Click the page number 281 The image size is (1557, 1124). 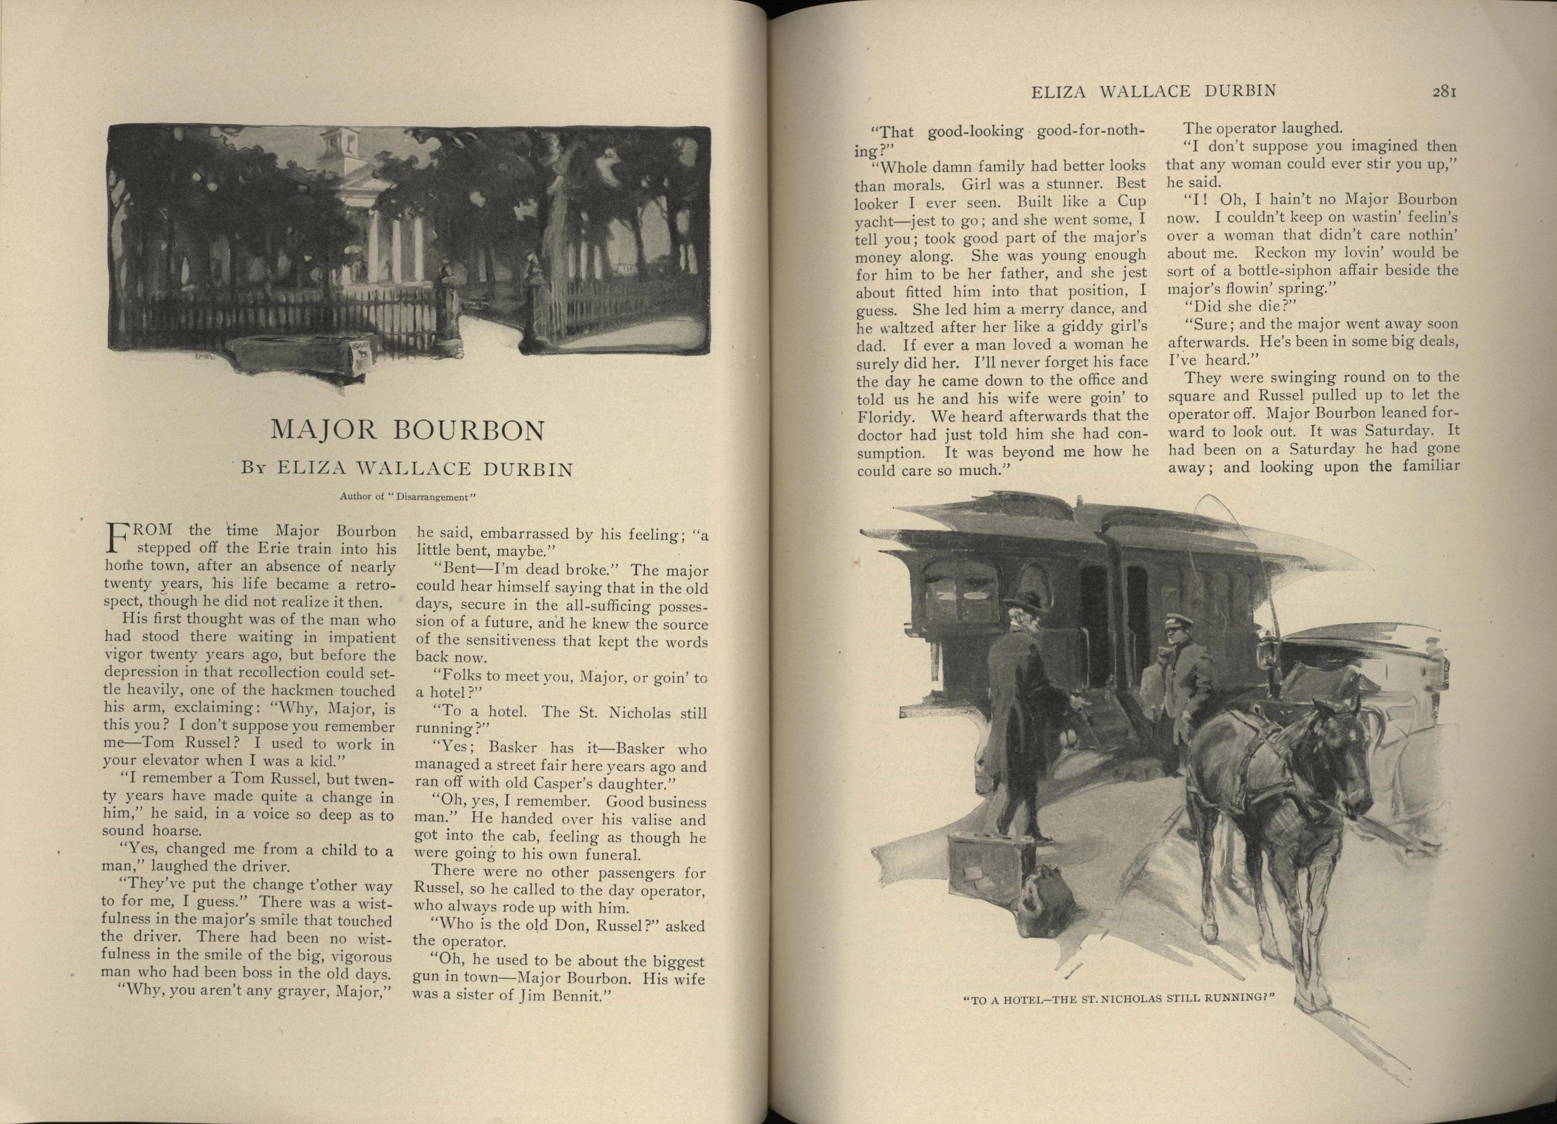coord(1444,91)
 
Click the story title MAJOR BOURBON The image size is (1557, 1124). coord(408,430)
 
